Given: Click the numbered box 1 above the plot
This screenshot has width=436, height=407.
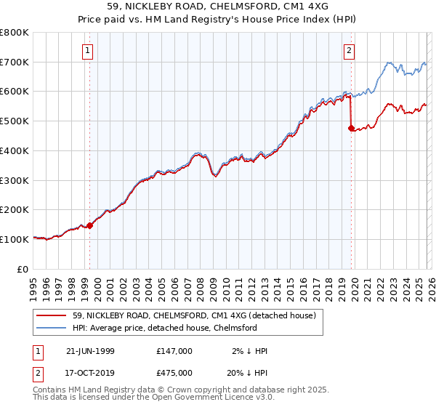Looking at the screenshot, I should click(88, 50).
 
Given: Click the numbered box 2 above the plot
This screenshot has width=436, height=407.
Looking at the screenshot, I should click(350, 50).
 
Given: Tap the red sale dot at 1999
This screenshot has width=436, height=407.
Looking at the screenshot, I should click(90, 225).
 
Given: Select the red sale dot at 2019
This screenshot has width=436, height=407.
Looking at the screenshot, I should click(351, 129).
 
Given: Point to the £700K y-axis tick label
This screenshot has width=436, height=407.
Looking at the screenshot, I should click(15, 62).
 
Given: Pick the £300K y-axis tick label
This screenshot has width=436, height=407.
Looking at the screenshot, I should click(15, 180).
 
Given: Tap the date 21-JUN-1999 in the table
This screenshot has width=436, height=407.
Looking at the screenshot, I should click(89, 351).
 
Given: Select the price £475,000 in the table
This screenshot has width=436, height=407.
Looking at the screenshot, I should click(174, 373).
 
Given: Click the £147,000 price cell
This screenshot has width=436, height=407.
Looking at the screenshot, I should click(174, 351).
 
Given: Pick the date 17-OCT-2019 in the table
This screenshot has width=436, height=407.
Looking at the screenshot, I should click(89, 373).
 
